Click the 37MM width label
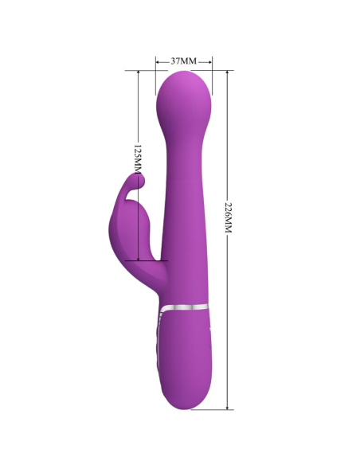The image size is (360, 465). [x=184, y=61]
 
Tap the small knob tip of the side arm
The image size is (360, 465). [x=139, y=183]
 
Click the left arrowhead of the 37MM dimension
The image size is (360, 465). [x=158, y=61]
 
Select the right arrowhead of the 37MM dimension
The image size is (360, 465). [x=210, y=61]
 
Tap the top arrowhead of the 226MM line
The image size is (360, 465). [x=230, y=72]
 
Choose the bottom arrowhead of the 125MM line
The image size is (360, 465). [x=138, y=256]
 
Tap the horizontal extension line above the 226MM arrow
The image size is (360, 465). [x=220, y=70]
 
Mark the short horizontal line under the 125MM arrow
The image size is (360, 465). [x=151, y=260]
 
